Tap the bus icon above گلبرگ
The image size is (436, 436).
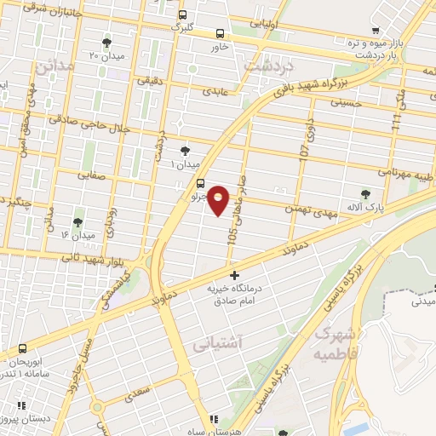[x=183, y=14]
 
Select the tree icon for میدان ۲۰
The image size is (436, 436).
[x=106, y=42]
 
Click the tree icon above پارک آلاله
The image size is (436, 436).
[x=366, y=194]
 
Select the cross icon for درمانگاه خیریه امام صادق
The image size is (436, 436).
[x=235, y=275]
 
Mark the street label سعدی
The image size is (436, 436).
[x=135, y=395]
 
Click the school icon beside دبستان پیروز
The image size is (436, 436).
[x=6, y=421]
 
